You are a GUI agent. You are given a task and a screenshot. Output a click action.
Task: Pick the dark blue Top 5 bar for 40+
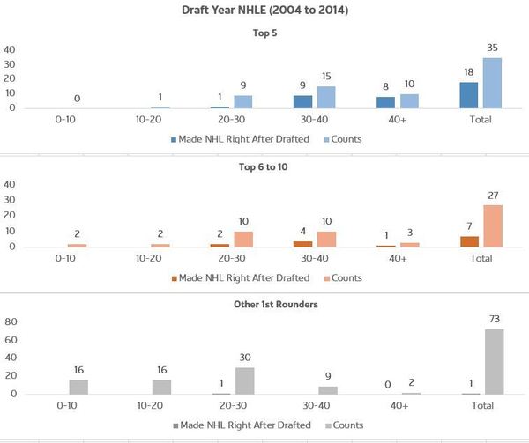coord(386,102)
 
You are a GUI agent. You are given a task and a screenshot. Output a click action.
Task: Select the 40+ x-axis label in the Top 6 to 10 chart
coord(397,259)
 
